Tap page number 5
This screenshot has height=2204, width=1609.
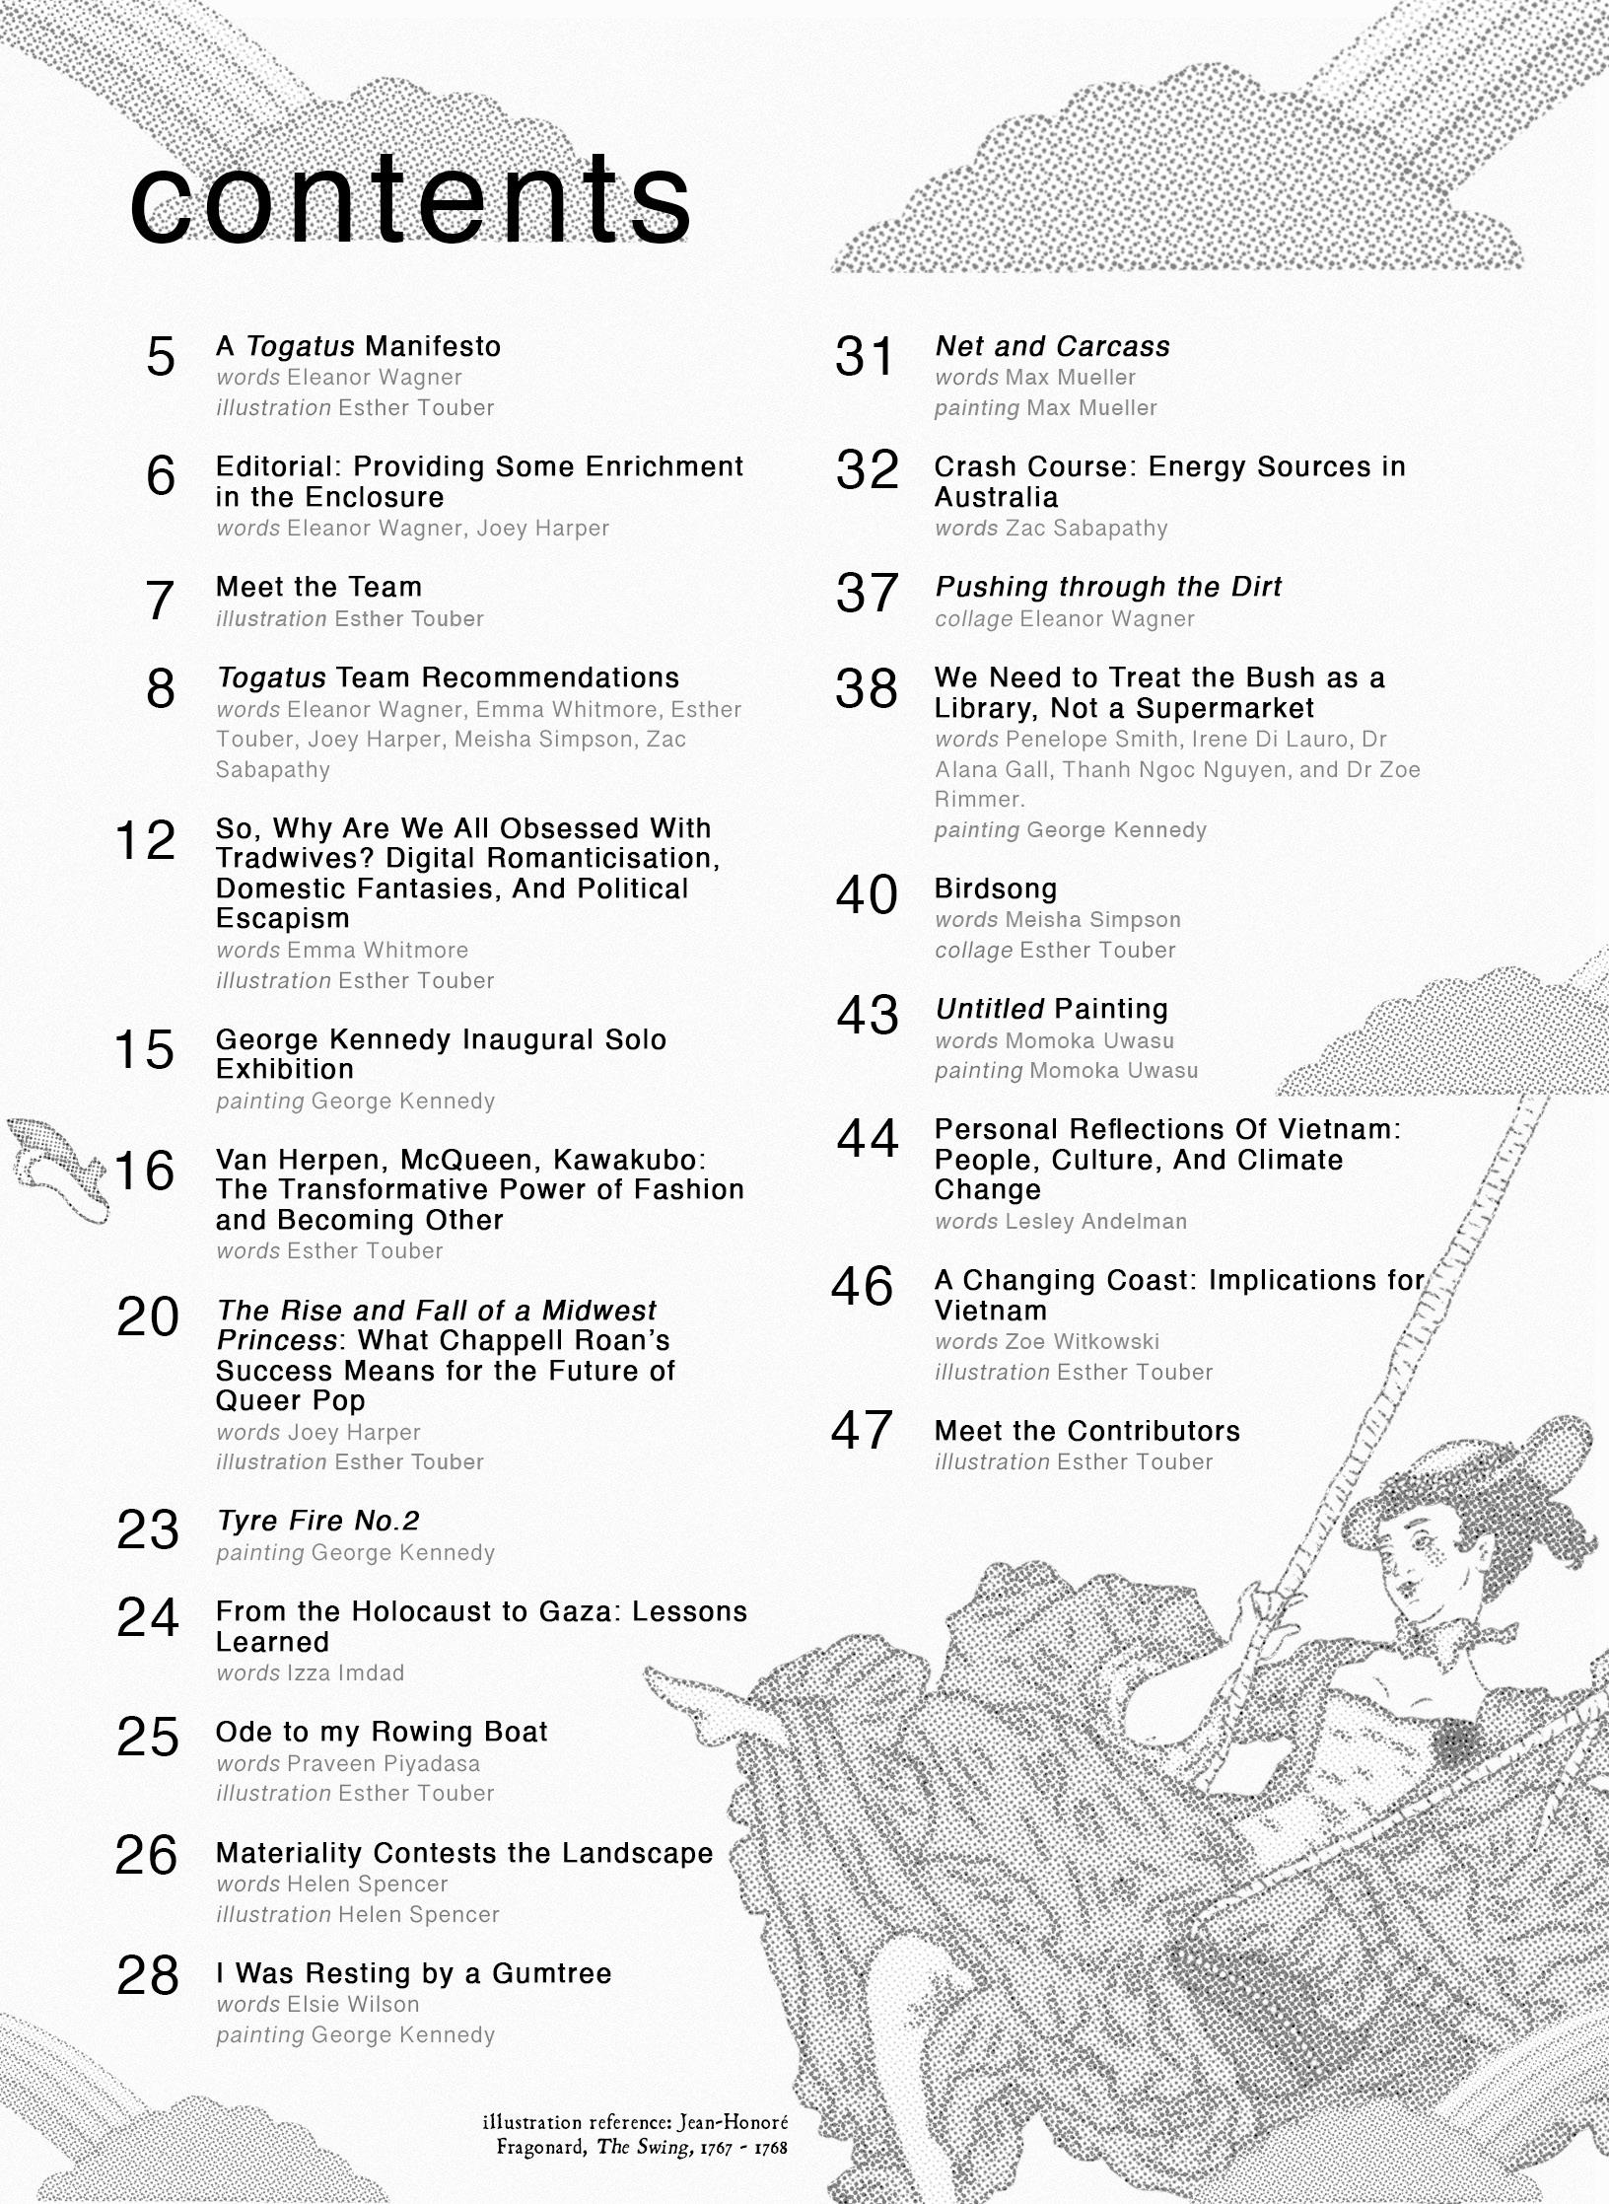pos(161,357)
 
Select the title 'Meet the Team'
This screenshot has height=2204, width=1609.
pos(318,587)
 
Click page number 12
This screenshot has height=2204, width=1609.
pos(145,840)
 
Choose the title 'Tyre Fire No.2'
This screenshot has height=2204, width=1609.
pos(317,1521)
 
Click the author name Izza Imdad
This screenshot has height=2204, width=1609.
pos(345,1672)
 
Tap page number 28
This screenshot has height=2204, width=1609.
pos(148,1974)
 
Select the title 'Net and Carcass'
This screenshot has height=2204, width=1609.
pos(1052,346)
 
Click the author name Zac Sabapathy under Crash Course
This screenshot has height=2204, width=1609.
pos(1085,528)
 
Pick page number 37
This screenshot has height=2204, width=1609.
pos(867,593)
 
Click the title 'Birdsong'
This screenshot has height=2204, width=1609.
pos(995,889)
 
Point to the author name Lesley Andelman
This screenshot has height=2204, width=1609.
pos(1095,1221)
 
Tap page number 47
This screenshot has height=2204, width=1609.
pos(863,1430)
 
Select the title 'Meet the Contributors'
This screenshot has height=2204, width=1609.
pos(1086,1431)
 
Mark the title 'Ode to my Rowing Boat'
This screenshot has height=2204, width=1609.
pos(382,1732)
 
